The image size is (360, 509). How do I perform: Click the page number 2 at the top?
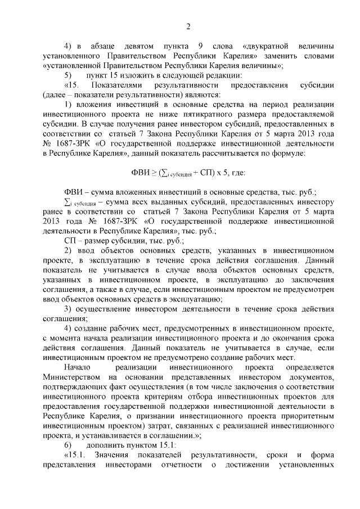coord(188,26)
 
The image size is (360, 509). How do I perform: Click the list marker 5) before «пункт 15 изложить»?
coord(67,75)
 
